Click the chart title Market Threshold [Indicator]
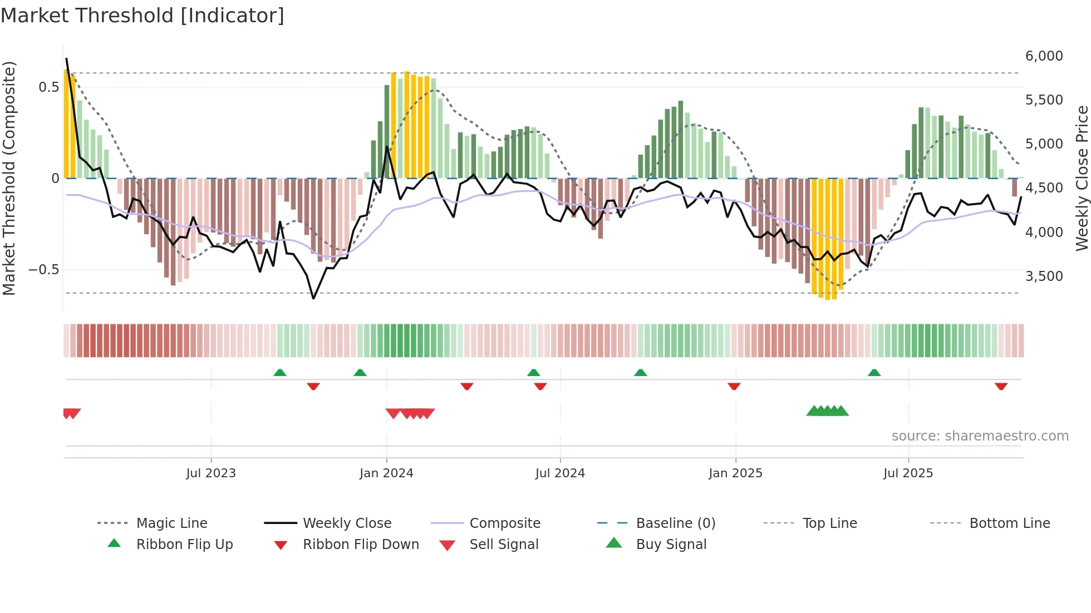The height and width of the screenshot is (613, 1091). click(x=142, y=16)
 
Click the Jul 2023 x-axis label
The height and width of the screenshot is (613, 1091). click(x=211, y=473)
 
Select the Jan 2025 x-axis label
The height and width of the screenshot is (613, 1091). click(x=735, y=473)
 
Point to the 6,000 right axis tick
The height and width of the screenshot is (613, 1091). click(x=1044, y=56)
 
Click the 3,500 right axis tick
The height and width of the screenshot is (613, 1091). click(x=1044, y=276)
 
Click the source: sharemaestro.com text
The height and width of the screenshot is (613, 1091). click(x=980, y=436)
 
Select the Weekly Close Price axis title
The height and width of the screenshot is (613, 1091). click(x=1082, y=178)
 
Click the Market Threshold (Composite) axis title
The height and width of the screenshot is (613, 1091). click(x=9, y=178)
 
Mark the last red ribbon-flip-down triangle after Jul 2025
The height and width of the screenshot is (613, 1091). click(x=1001, y=386)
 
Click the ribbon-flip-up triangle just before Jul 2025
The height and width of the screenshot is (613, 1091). click(x=874, y=373)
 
